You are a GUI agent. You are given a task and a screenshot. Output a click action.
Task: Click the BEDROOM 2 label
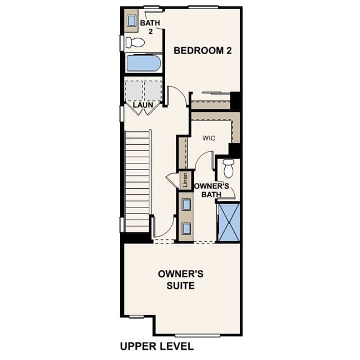[202, 51]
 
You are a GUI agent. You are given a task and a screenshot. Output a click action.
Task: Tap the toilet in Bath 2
[135, 42]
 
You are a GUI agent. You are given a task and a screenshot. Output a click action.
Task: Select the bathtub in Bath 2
[144, 63]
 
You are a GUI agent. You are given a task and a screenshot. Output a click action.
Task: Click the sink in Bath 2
[132, 21]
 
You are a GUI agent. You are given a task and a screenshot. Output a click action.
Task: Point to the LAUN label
[143, 105]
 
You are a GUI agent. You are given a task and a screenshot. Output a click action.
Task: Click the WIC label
[208, 138]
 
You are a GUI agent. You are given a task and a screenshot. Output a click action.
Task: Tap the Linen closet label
[185, 180]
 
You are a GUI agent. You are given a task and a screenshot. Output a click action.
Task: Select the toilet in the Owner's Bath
[228, 168]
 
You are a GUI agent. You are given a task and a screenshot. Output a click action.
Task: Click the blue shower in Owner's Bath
[229, 222]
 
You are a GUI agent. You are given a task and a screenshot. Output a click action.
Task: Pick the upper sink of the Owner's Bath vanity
[186, 205]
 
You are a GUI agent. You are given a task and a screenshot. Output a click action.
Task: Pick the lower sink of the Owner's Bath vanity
[186, 229]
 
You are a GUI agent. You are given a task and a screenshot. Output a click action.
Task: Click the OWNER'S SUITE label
[181, 279]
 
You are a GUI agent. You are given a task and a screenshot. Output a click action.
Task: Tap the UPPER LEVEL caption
[157, 346]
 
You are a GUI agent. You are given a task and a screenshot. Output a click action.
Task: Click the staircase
[137, 181]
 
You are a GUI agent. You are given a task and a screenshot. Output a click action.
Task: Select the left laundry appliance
[134, 91]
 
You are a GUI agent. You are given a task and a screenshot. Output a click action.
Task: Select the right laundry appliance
[153, 91]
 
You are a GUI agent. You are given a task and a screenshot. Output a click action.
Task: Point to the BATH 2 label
[150, 27]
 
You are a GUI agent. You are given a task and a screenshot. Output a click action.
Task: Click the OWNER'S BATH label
[211, 190]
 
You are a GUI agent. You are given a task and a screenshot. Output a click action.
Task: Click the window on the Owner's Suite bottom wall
[197, 336]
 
